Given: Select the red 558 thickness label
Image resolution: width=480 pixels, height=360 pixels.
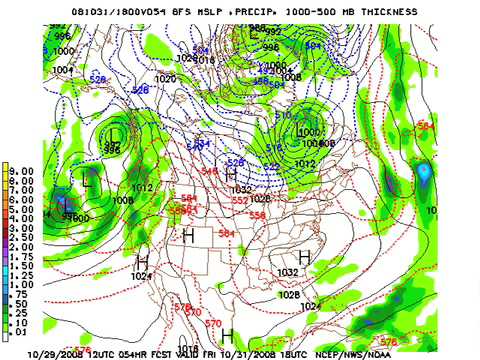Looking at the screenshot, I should point(257,215).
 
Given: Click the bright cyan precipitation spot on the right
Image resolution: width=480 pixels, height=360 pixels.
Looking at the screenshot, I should point(425,174).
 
